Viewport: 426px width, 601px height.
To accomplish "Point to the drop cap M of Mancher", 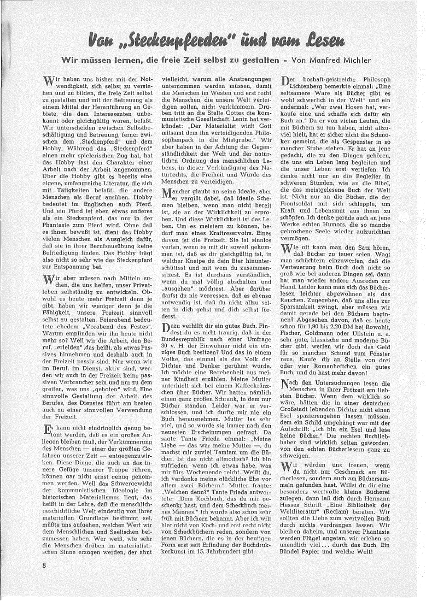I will click(x=168, y=194).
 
